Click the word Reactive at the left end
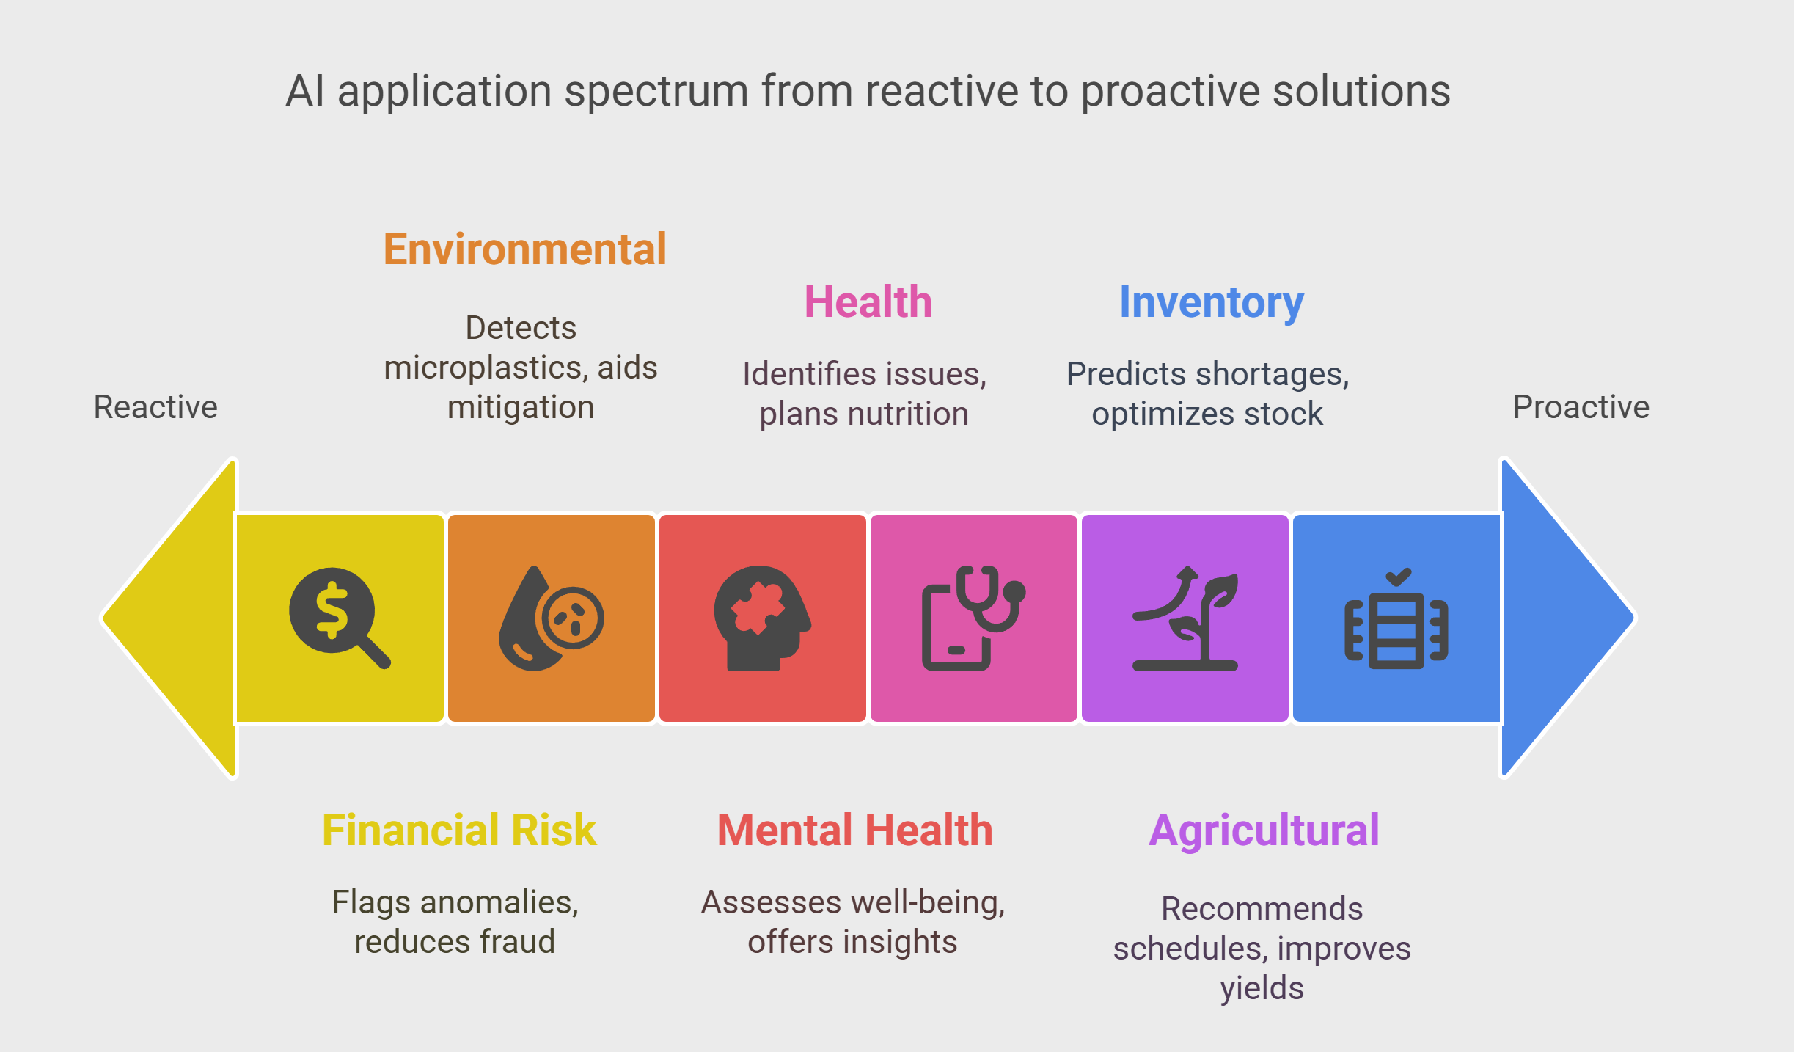point(155,407)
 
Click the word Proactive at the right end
point(1581,407)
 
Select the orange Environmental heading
point(525,249)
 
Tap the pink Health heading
point(868,302)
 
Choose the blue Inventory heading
point(1212,303)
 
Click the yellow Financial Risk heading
point(460,830)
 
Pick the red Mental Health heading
point(855,830)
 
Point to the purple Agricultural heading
point(1264,831)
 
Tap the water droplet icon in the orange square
point(551,618)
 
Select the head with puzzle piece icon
point(762,618)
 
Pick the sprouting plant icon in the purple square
point(1185,618)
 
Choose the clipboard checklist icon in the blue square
point(1396,618)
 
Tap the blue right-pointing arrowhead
point(1568,618)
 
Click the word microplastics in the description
point(486,368)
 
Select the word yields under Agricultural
point(1262,989)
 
